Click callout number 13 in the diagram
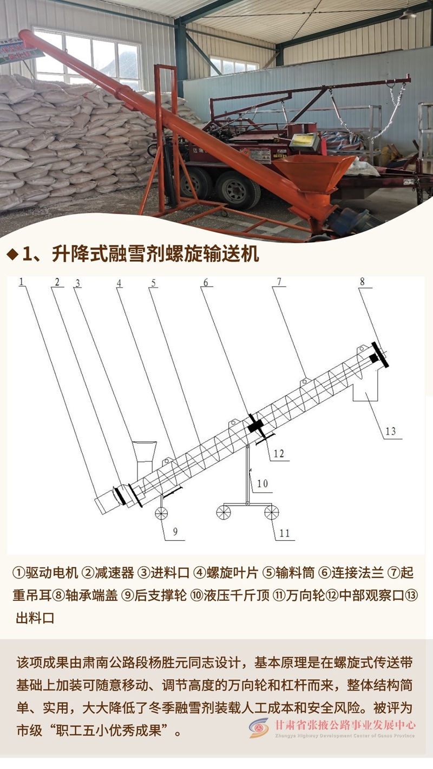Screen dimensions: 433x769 pyautogui.click(x=390, y=431)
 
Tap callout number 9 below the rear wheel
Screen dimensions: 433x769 pyautogui.click(x=175, y=532)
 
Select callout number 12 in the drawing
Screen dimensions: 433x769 pyautogui.click(x=279, y=454)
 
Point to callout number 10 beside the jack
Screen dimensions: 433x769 pyautogui.click(x=262, y=483)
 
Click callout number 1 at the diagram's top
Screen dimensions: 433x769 pyautogui.click(x=21, y=282)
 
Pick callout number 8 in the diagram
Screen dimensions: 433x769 pyautogui.click(x=362, y=282)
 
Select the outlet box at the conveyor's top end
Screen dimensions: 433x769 pyautogui.click(x=366, y=387)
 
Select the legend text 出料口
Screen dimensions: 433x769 pyautogui.click(x=35, y=618)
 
